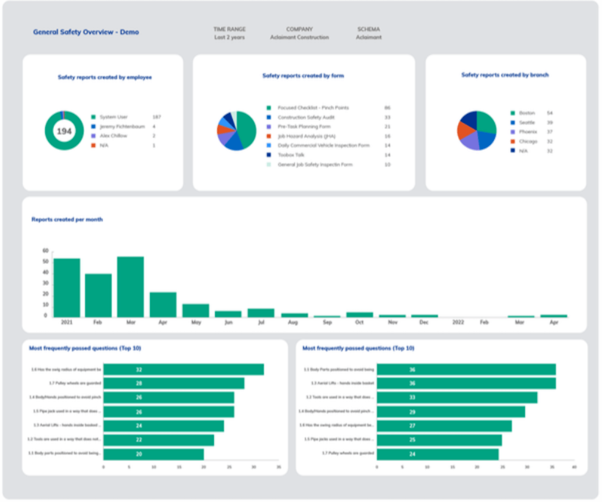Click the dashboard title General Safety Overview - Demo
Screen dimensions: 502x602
coord(86,32)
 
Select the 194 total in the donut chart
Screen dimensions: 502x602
coord(64,131)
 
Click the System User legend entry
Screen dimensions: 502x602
coord(113,117)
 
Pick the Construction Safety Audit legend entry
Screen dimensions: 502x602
coord(305,117)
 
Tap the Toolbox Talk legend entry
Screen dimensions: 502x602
coord(291,155)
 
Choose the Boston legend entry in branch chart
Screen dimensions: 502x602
coord(527,113)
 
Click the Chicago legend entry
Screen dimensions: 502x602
coord(528,141)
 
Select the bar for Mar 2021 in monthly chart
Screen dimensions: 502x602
coord(130,287)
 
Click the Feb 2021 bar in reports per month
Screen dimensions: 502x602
coord(98,295)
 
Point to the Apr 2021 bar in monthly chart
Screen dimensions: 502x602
coord(163,305)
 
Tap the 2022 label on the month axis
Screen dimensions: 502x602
coord(458,322)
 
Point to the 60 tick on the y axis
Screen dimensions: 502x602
coord(45,251)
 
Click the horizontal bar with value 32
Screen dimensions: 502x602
coord(183,370)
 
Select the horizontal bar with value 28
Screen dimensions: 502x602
coord(173,383)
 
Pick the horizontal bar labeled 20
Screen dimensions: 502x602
coord(153,454)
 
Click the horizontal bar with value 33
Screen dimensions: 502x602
coord(456,397)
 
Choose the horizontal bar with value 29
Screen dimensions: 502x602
coord(451,412)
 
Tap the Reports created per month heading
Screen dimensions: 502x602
coord(67,220)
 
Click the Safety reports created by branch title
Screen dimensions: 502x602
coord(505,75)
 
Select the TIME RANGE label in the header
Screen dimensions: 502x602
coord(229,29)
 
